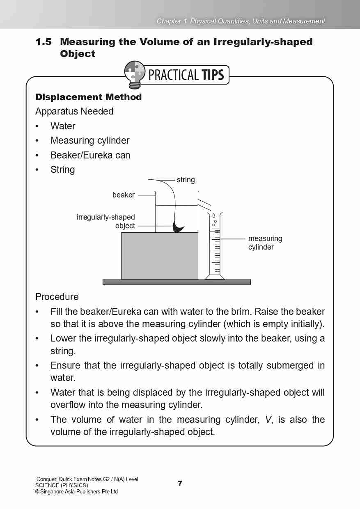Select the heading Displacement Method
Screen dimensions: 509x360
click(x=88, y=97)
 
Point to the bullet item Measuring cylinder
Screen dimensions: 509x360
click(x=89, y=140)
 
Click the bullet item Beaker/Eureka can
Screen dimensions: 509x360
click(x=90, y=155)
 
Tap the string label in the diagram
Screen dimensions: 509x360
click(x=186, y=180)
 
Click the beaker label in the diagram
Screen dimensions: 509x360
click(x=123, y=195)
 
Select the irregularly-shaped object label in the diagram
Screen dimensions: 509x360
click(x=106, y=221)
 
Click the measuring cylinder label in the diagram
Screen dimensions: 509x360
click(x=265, y=243)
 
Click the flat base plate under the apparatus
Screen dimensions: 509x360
click(x=176, y=282)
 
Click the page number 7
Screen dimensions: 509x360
click(x=180, y=483)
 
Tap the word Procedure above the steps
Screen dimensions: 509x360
click(x=57, y=297)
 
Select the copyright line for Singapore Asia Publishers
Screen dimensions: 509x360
click(x=76, y=491)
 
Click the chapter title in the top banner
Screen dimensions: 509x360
click(x=241, y=21)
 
